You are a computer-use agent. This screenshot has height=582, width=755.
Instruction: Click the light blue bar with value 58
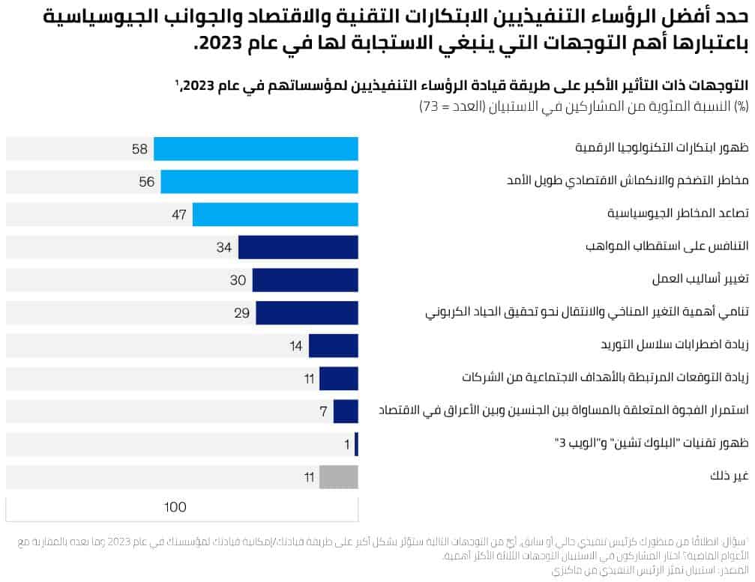click(x=256, y=148)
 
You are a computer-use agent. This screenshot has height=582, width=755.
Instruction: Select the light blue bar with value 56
click(x=259, y=181)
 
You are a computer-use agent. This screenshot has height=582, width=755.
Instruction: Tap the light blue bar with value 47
click(x=275, y=214)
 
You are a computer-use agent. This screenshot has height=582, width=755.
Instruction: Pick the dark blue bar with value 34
click(x=298, y=247)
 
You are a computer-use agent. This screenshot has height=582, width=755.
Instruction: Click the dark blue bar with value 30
click(x=305, y=280)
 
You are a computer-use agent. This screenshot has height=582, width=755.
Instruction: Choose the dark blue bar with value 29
click(x=307, y=312)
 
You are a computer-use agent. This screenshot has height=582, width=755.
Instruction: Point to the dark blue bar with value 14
click(x=334, y=345)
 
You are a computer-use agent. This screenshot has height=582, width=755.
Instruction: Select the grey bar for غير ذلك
click(x=339, y=476)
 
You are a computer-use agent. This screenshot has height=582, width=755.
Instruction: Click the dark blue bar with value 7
click(x=346, y=411)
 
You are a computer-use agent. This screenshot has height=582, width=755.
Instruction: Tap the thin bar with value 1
click(x=356, y=444)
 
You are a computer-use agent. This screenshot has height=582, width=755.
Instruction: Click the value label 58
click(x=139, y=148)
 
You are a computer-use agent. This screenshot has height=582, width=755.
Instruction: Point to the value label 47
click(x=178, y=214)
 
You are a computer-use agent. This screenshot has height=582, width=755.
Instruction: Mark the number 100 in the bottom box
click(x=175, y=507)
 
